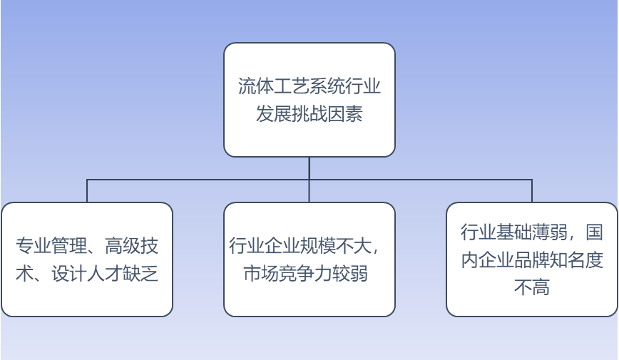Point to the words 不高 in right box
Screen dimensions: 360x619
531,288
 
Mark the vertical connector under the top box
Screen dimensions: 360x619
309,168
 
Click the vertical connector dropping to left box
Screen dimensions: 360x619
87,191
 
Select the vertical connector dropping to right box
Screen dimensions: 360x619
531,191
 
